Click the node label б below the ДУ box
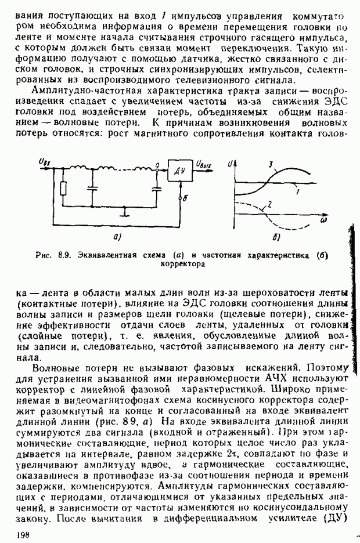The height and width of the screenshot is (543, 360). (x=185, y=198)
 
